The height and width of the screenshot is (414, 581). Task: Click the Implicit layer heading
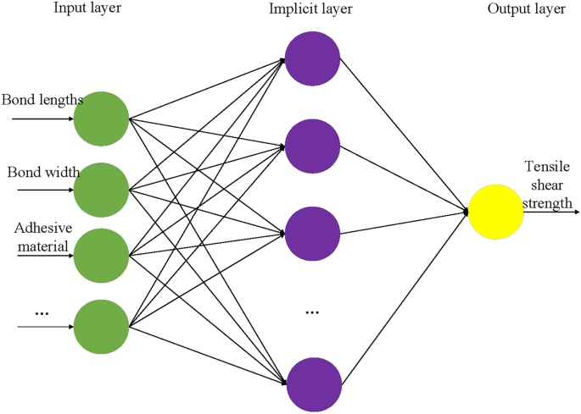point(311,9)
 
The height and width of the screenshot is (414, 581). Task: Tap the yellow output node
point(495,212)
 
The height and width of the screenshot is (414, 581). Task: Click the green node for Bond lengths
point(101,119)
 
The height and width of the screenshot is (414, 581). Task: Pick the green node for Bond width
point(101,190)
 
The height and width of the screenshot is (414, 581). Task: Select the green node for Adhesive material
point(101,255)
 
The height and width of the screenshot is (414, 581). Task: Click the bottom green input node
point(101,326)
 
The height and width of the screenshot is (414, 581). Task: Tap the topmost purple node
point(312,58)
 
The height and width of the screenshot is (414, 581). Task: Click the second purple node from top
point(312,146)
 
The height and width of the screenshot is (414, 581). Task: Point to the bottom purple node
point(312,384)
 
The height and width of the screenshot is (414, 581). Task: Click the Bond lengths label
point(42,100)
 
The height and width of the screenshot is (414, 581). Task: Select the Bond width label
point(43,173)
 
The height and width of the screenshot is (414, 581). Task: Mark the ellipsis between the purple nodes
point(311,312)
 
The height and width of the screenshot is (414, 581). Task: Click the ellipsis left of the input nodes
point(42,313)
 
